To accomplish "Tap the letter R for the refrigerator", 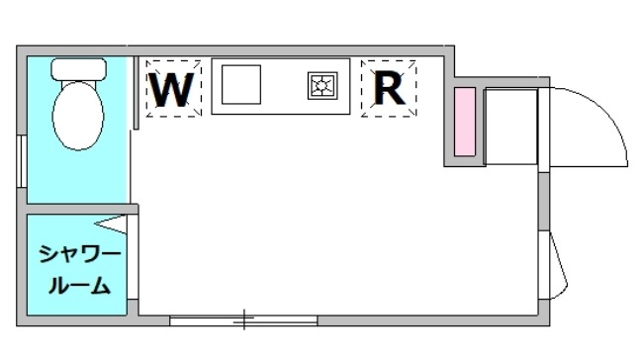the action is click(x=389, y=89).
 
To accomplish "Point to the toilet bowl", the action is click(x=77, y=115).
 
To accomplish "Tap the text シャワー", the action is click(x=80, y=255).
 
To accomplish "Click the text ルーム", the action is click(x=80, y=286).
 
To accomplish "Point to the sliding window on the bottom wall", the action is click(x=243, y=319).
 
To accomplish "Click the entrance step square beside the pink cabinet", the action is click(x=509, y=126).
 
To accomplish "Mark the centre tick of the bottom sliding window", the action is click(x=243, y=319).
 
